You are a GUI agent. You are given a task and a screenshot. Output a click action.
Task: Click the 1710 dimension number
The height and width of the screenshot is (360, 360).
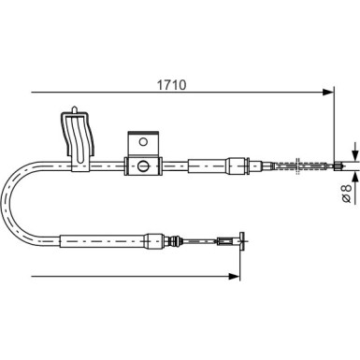[171, 85]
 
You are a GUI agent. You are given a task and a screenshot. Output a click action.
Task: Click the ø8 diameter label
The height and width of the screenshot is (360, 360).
[347, 194]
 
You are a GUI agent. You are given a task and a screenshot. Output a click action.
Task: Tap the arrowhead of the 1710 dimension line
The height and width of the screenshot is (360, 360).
[327, 92]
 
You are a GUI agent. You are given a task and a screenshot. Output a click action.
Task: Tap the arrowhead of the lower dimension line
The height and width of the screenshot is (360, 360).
[234, 276]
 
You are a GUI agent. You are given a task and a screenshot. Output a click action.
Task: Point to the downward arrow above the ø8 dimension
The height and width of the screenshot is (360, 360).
[355, 151]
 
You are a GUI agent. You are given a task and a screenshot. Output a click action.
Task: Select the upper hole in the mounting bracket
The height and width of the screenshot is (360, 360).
[143, 142]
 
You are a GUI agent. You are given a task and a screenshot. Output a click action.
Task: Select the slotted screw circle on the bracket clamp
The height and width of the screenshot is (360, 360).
[143, 166]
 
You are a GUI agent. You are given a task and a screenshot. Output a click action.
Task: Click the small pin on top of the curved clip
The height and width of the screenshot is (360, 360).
[75, 110]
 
